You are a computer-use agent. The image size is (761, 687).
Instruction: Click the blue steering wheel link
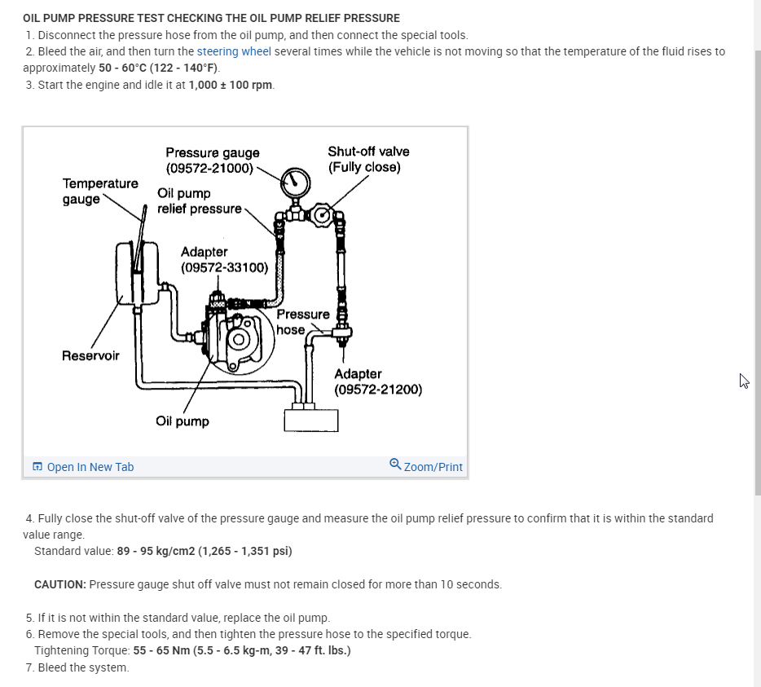coord(234,51)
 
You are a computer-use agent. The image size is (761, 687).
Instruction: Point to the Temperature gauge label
coord(100,191)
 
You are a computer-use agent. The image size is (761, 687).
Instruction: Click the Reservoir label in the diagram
coord(90,355)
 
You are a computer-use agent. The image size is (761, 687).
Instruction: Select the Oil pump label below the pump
coord(183,421)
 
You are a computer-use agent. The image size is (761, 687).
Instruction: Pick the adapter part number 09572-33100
coord(225,267)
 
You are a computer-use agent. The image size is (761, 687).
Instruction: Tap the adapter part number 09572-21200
coord(378,389)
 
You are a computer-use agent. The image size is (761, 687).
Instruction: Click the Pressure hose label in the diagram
coord(302,322)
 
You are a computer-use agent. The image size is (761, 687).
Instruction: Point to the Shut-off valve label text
coord(368,152)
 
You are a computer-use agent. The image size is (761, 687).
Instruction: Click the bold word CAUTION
coord(59,584)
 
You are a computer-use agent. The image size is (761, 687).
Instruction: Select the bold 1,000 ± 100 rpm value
coord(231,85)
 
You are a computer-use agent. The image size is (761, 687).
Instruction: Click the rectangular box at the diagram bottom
coord(310,420)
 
